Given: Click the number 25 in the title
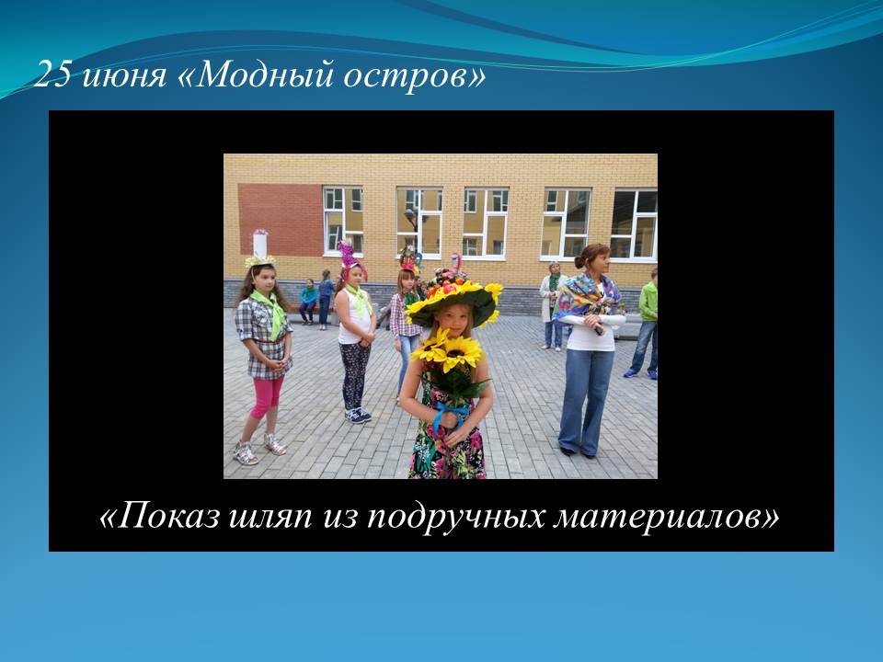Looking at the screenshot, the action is click(x=53, y=74).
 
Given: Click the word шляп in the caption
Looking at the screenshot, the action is click(x=270, y=518).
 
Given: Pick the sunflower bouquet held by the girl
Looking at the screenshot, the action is click(x=450, y=363).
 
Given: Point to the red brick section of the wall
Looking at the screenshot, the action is click(x=281, y=220).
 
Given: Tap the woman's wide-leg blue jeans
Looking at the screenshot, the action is click(x=585, y=400).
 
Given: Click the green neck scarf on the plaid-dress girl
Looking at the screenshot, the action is click(x=271, y=312).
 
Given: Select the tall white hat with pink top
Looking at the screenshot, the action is click(x=259, y=243).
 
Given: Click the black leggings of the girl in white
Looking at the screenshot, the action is click(x=355, y=375).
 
